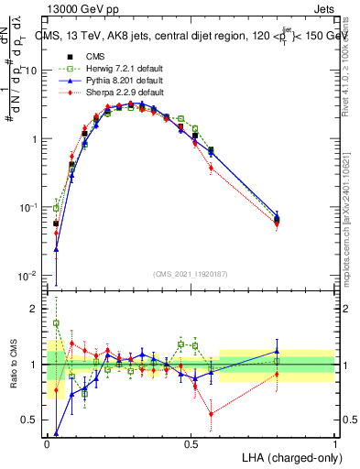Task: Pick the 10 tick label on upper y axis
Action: pyautogui.click(x=31, y=71)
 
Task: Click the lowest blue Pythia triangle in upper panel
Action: pyautogui.click(x=56, y=249)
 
